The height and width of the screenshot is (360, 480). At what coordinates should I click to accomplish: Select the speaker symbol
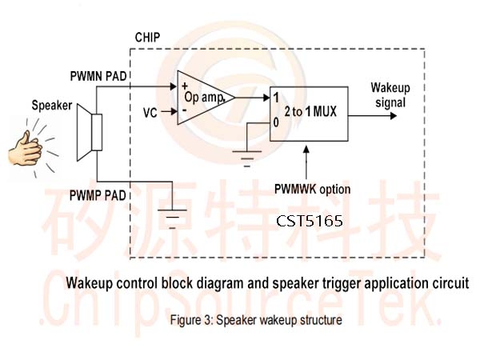click(90, 132)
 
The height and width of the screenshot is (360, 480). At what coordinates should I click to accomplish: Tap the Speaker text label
click(52, 106)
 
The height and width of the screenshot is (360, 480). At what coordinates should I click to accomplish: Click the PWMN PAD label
click(98, 76)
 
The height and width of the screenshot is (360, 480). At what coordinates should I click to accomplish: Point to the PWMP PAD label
click(98, 195)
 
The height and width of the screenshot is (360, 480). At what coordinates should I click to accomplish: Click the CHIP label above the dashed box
click(147, 38)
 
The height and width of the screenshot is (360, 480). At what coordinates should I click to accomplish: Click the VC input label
click(150, 113)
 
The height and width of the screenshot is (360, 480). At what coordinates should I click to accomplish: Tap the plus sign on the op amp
click(184, 86)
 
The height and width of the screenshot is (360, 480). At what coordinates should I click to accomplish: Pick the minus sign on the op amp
click(185, 110)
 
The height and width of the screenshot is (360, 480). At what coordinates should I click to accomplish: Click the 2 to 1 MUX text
click(310, 111)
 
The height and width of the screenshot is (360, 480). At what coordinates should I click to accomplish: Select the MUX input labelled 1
click(276, 98)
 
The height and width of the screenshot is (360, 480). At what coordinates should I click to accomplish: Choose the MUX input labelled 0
click(276, 122)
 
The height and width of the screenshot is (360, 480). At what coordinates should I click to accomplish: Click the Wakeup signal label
click(390, 95)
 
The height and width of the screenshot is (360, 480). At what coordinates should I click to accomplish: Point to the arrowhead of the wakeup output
click(394, 116)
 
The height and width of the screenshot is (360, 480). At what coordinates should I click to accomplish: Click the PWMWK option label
click(312, 189)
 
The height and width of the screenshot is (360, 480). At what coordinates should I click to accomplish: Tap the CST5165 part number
click(309, 221)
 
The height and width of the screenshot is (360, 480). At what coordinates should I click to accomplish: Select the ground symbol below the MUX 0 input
click(247, 158)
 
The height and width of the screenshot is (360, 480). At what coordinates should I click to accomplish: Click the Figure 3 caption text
click(256, 320)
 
